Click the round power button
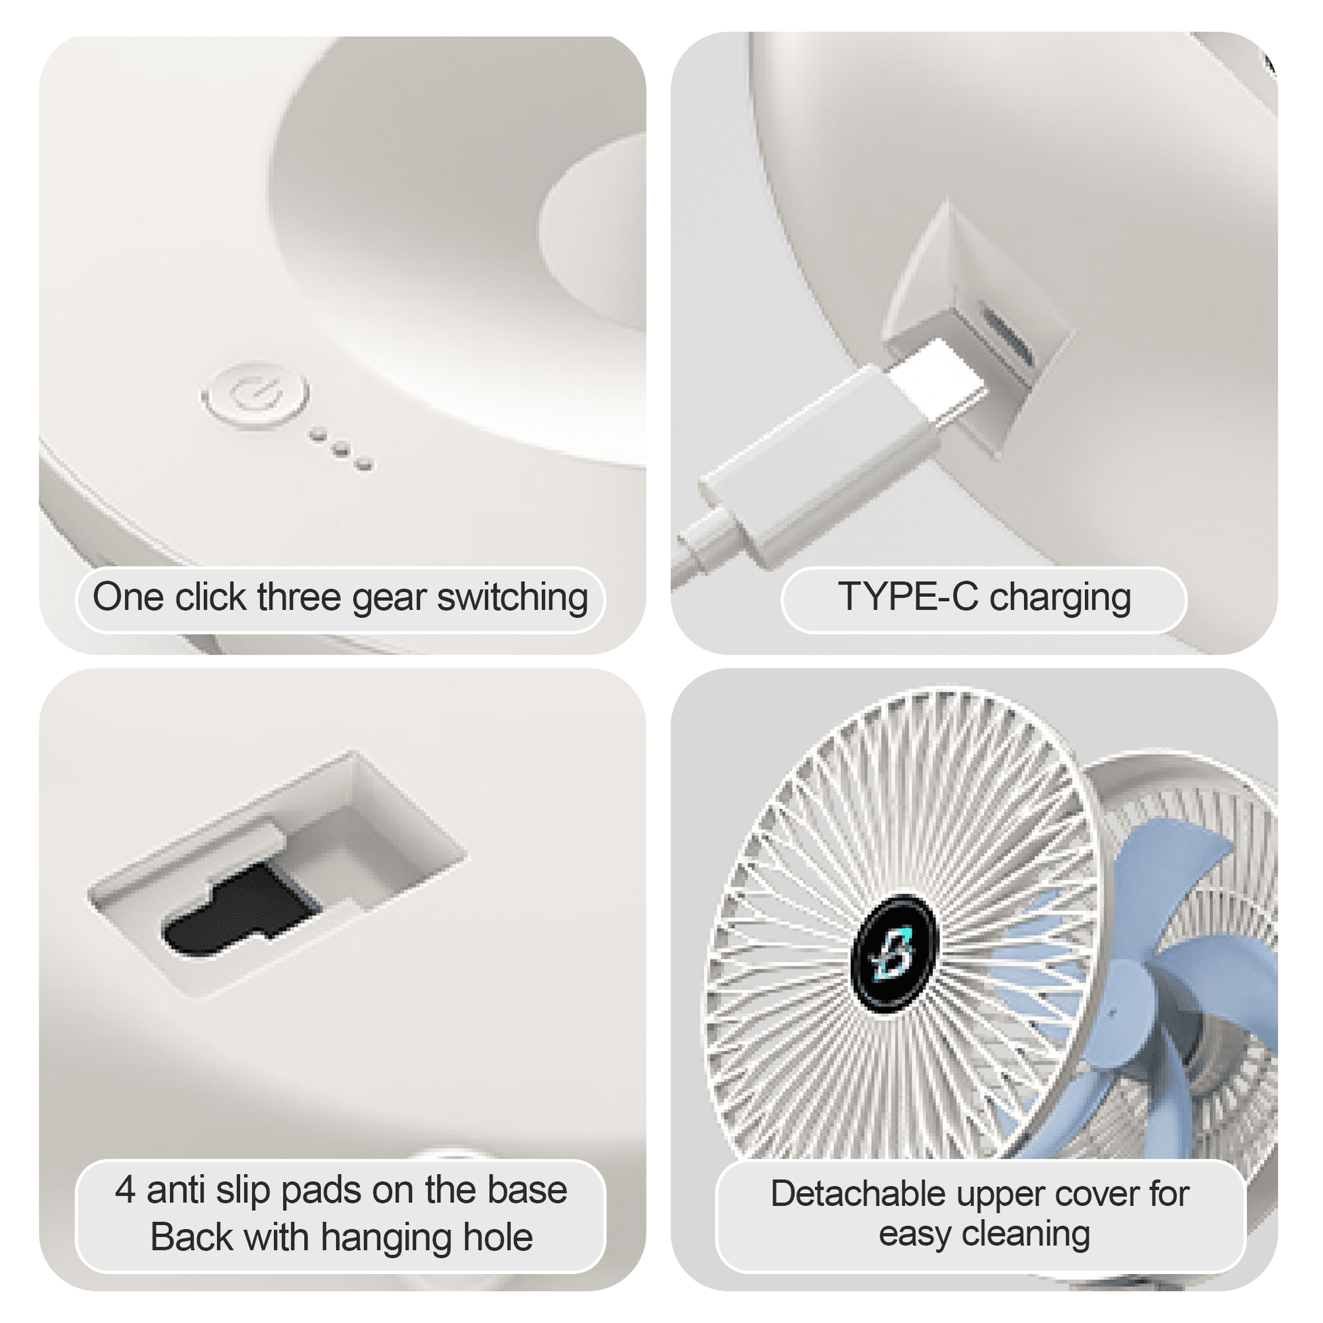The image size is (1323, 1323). pyautogui.click(x=255, y=396)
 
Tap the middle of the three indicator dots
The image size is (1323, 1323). pyautogui.click(x=341, y=449)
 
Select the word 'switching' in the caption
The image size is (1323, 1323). pyautogui.click(x=512, y=598)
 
